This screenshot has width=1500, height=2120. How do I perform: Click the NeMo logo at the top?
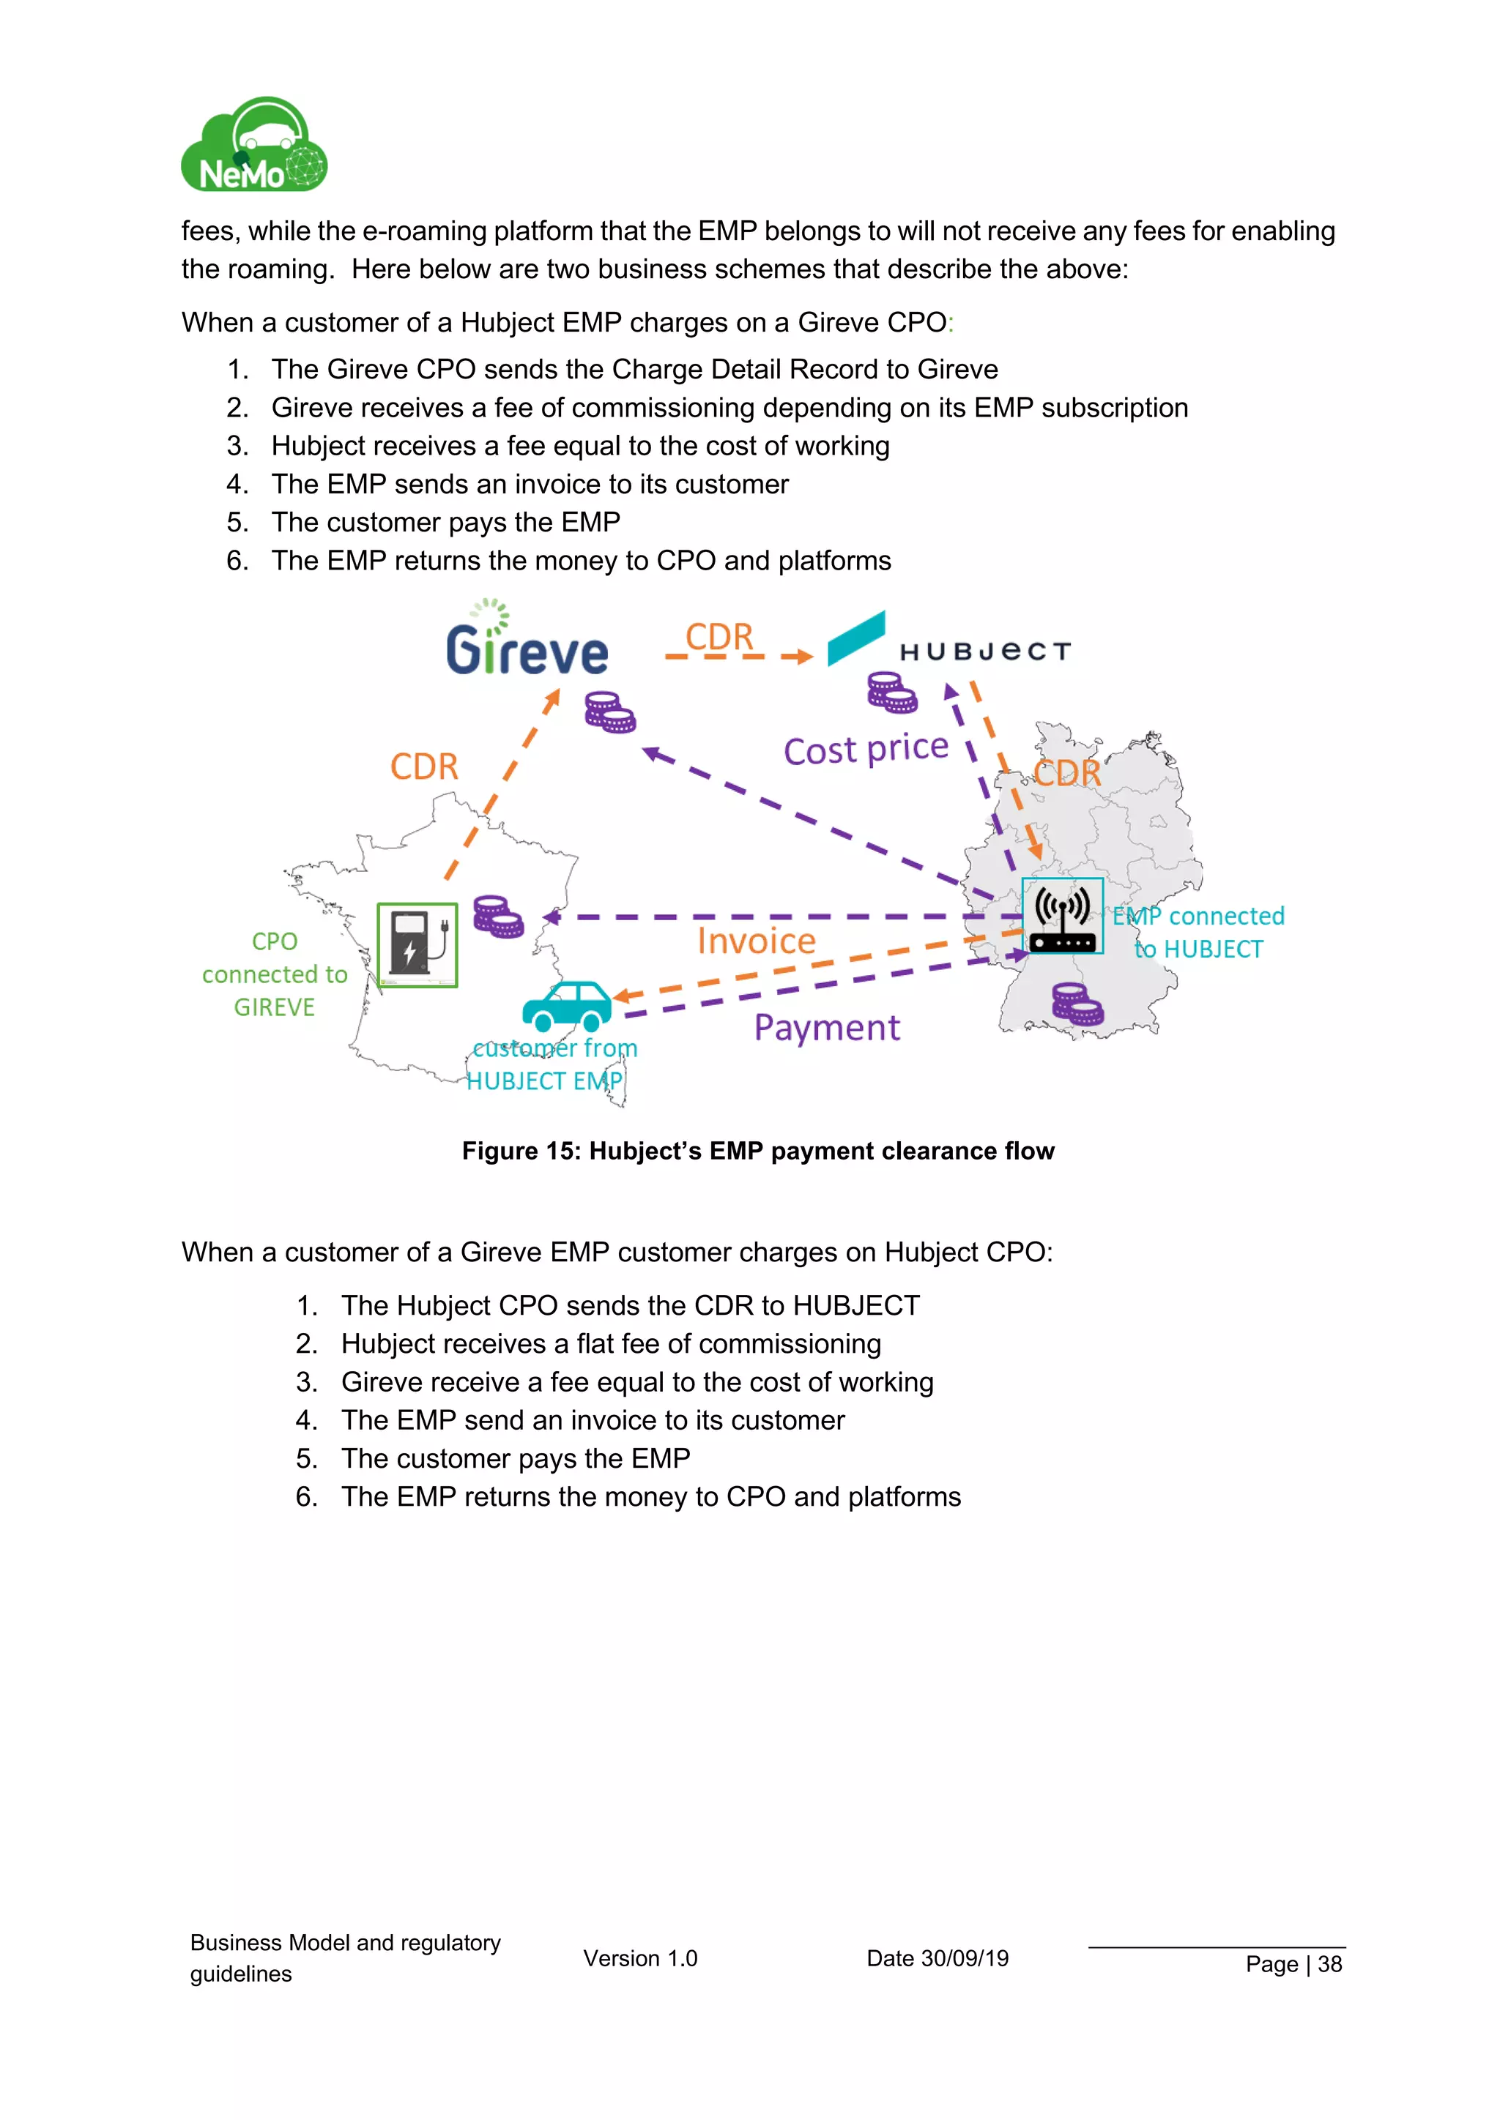(254, 146)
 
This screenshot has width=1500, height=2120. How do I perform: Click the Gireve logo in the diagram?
(527, 643)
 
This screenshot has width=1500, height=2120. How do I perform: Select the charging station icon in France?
(417, 946)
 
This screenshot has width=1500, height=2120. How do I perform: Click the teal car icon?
(567, 1007)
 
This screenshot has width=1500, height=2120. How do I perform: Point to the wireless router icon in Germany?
(1062, 916)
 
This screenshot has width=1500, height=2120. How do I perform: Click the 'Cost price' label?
(866, 749)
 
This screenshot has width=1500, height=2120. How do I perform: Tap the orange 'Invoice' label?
(757, 941)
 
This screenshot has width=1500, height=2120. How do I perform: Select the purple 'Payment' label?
(827, 1028)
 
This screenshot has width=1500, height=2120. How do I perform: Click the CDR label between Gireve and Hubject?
(719, 637)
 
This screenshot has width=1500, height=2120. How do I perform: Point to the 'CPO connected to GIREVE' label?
(275, 974)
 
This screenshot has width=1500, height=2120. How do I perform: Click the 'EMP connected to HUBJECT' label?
(1198, 933)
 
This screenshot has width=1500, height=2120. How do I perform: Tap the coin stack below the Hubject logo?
(891, 693)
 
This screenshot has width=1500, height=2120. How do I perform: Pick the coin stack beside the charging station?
(498, 916)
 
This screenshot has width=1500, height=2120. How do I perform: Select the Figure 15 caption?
(757, 1152)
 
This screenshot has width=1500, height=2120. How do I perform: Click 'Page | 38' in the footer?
(1293, 1964)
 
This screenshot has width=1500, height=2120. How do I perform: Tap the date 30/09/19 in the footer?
(937, 1958)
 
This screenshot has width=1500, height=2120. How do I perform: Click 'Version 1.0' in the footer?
(640, 1958)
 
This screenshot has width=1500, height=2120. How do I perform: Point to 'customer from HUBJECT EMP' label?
(551, 1064)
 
